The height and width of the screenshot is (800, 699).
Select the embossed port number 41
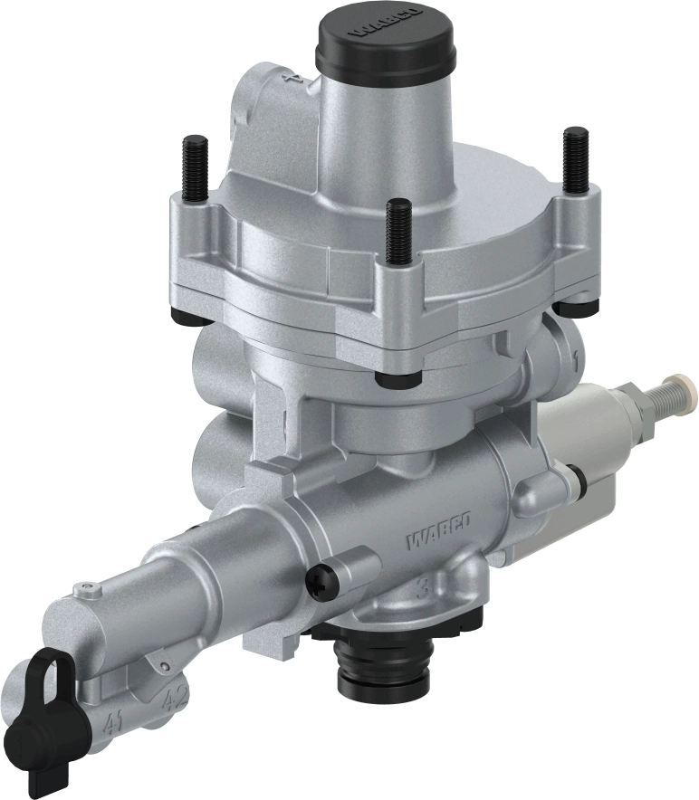tap(112, 722)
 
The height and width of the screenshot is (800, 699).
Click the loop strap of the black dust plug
tap(45, 673)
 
